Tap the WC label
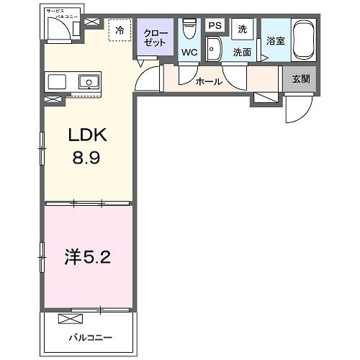[x=190, y=53]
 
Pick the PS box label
[x=215, y=25]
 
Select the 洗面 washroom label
[x=242, y=53]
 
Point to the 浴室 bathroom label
[x=275, y=41]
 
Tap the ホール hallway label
[x=209, y=81]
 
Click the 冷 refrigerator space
[x=120, y=32]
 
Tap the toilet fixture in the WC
[x=190, y=30]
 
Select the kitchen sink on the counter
[x=89, y=81]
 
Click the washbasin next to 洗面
[x=214, y=50]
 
